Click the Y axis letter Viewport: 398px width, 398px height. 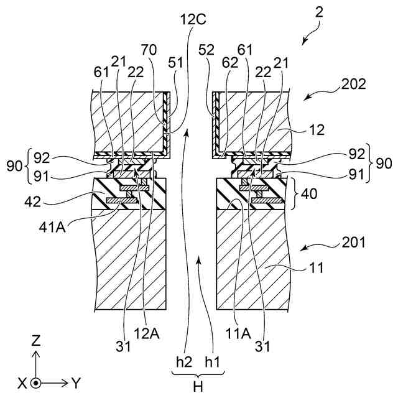point(76,383)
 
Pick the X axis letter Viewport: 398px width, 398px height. point(22,384)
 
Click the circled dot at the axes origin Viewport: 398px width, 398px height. point(37,383)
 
